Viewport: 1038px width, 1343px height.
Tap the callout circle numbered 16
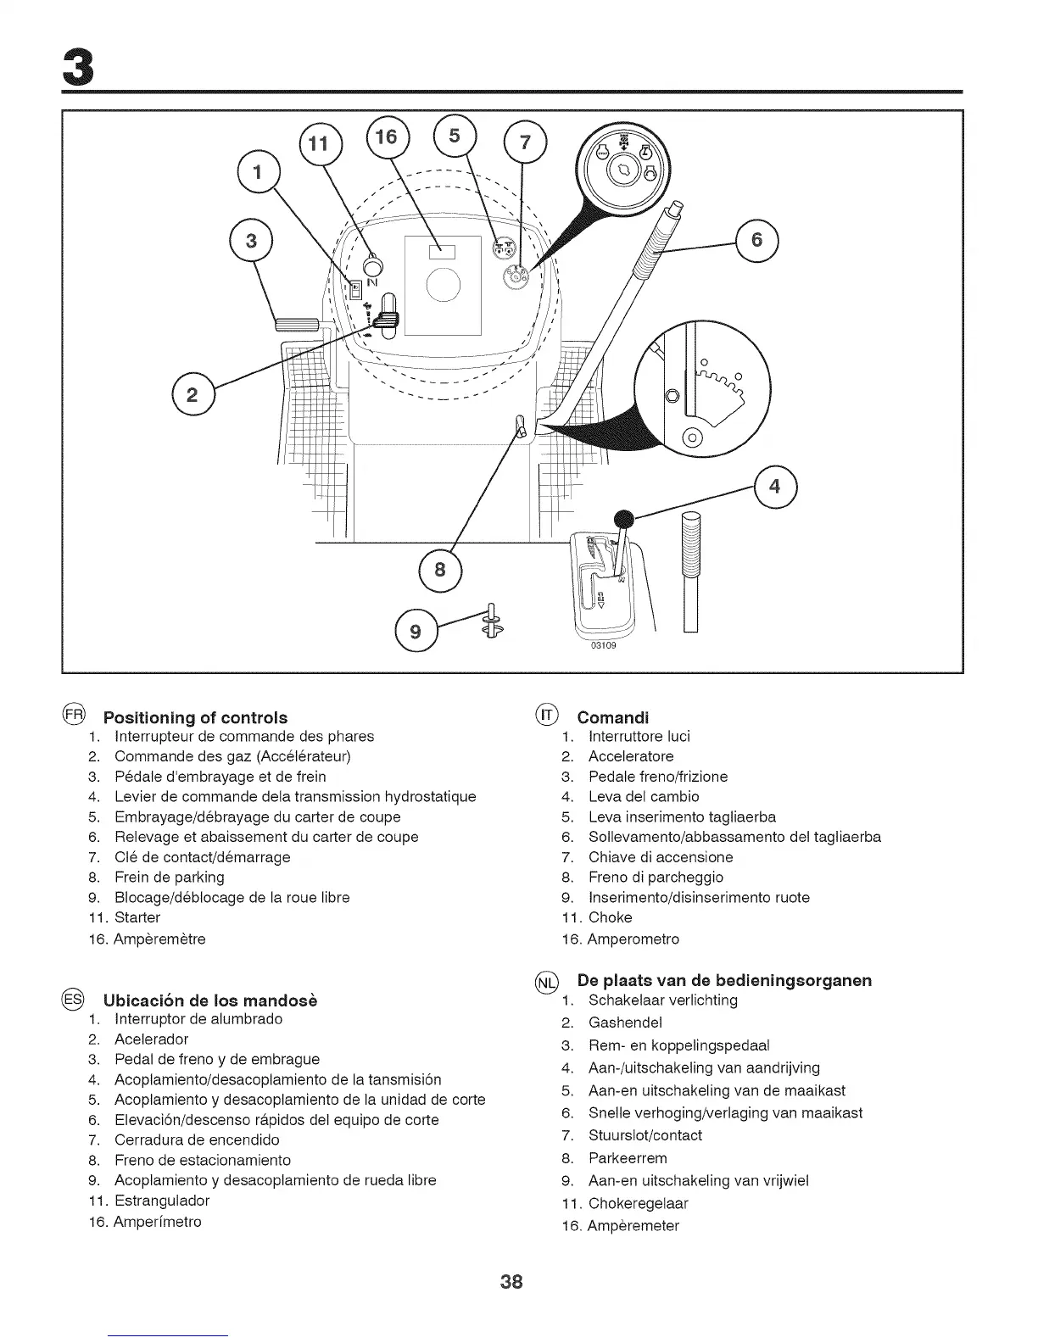(x=386, y=137)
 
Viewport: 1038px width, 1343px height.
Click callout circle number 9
(x=416, y=631)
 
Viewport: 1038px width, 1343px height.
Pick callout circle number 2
(x=193, y=394)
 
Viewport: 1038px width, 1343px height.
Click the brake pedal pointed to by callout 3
(x=295, y=323)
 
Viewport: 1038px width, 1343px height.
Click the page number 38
(x=511, y=1281)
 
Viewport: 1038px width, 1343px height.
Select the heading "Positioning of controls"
(x=195, y=717)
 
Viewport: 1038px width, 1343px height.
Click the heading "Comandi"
(x=613, y=717)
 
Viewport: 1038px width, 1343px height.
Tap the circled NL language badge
(x=547, y=982)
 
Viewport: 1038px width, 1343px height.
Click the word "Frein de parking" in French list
(x=170, y=877)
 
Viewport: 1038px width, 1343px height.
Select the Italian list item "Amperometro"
(x=633, y=939)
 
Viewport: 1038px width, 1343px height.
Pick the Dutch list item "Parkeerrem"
(x=628, y=1158)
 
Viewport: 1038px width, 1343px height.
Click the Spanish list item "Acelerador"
(x=152, y=1039)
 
